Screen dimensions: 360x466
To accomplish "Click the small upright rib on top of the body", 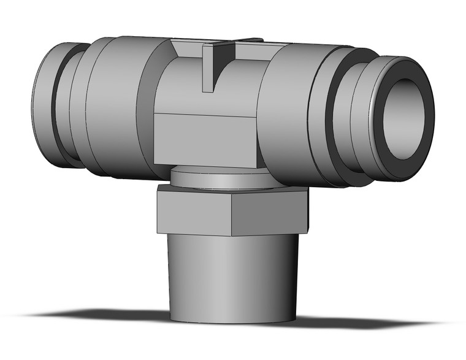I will [208, 67].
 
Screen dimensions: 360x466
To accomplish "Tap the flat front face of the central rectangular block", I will [205, 138].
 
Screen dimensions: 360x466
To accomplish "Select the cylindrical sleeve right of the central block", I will [288, 113].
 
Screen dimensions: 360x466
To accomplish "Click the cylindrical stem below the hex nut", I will [233, 270].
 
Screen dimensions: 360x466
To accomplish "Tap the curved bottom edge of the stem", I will [233, 320].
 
